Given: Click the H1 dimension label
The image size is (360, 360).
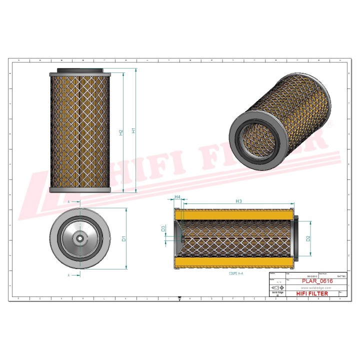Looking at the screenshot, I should (133, 130).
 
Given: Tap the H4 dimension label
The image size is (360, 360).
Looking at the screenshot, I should (177, 197).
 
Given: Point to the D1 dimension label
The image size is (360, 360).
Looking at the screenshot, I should (123, 238).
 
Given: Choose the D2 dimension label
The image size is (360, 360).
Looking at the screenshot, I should (308, 239).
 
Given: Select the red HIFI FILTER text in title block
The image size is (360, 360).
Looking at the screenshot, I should (312, 293).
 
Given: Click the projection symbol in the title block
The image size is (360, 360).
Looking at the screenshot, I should (276, 288).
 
